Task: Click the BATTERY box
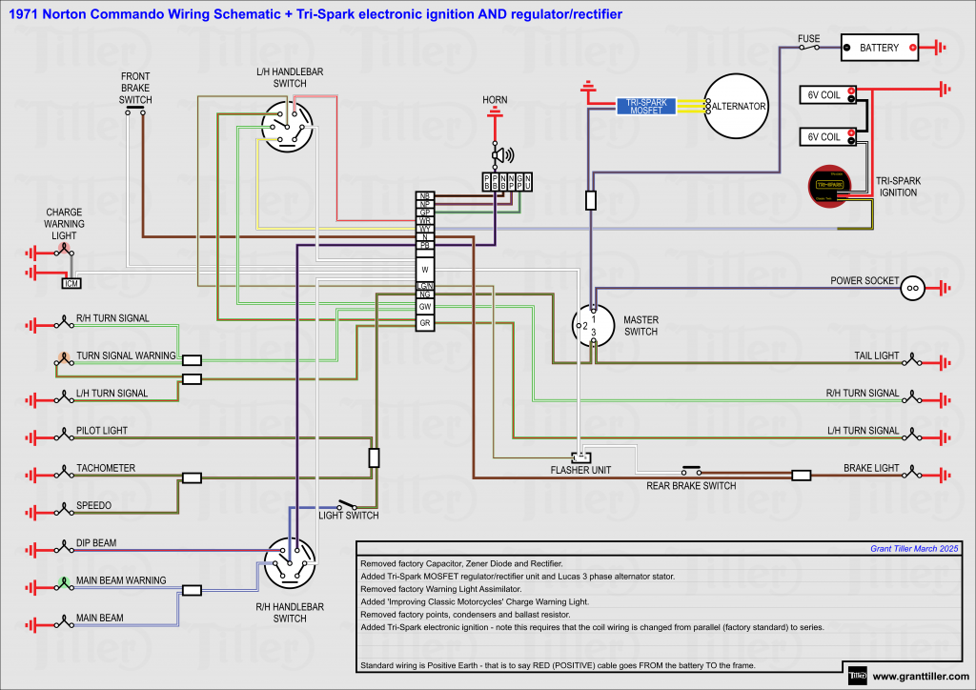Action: click(x=879, y=47)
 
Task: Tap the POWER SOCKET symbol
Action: click(x=913, y=286)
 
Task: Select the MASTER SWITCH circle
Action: click(x=593, y=325)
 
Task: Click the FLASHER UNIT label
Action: click(x=580, y=470)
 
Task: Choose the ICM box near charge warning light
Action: click(x=71, y=283)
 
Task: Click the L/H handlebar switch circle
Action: click(x=288, y=127)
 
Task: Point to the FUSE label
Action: click(x=809, y=39)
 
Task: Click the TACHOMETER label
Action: click(x=106, y=468)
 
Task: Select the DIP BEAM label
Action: click(x=96, y=543)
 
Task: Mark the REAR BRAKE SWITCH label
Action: click(x=692, y=486)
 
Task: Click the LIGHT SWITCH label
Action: click(x=348, y=516)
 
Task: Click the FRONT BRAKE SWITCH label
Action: click(x=135, y=88)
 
